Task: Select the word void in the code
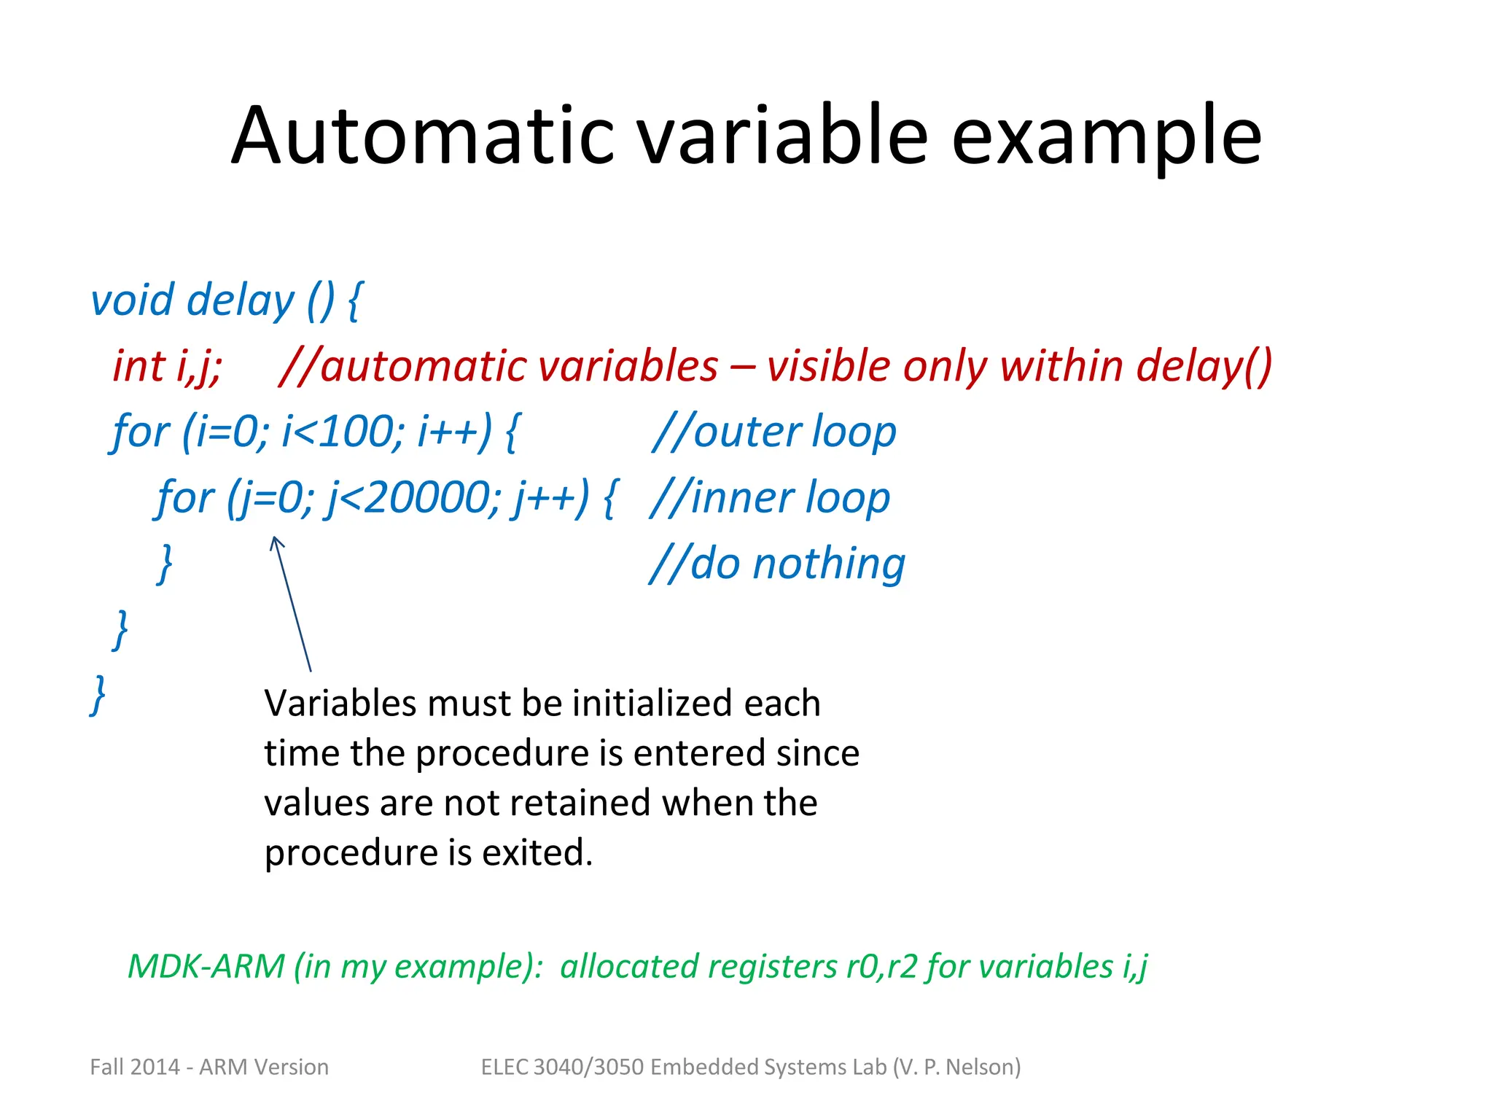(132, 300)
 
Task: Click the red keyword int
(139, 365)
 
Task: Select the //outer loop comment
(773, 432)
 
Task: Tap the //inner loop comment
(770, 498)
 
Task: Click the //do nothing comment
(777, 564)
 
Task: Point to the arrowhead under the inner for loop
(276, 541)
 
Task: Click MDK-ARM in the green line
(206, 966)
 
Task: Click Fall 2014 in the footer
(134, 1067)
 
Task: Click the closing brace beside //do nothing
(165, 563)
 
